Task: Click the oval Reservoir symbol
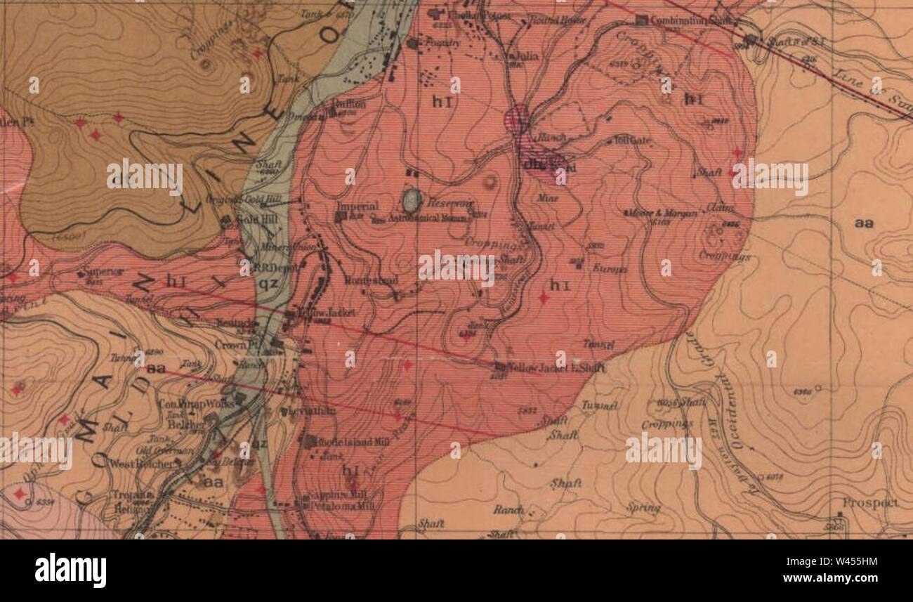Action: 412,201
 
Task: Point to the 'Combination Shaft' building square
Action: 641,20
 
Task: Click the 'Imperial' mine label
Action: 357,207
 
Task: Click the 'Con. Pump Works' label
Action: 185,404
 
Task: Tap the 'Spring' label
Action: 643,507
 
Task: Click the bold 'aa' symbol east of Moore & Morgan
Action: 864,223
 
